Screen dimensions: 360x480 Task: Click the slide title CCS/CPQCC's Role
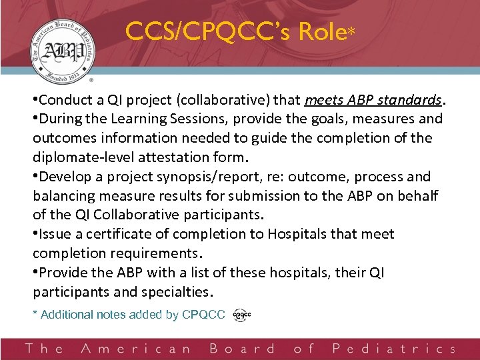(x=235, y=31)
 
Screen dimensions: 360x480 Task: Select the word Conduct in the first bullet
(x=63, y=100)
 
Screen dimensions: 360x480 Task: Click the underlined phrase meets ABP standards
(x=373, y=100)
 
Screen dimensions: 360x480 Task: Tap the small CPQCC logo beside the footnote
(x=241, y=315)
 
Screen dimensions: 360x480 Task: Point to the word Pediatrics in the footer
(x=394, y=349)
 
